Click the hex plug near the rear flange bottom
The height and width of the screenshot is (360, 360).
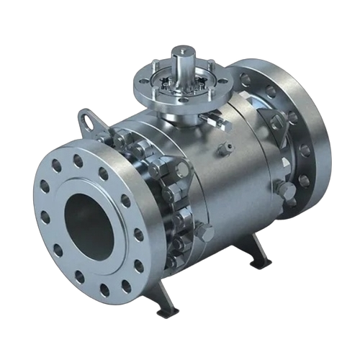pos(286,192)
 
